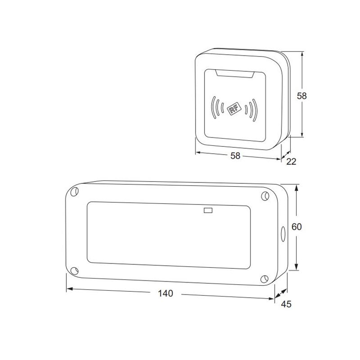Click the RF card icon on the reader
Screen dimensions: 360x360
(x=234, y=108)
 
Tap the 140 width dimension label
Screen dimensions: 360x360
(x=165, y=294)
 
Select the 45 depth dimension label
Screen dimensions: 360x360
(x=286, y=304)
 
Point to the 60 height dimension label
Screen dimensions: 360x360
(x=297, y=227)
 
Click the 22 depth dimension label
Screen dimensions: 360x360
(x=291, y=161)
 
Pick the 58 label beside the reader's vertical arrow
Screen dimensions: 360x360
(x=301, y=96)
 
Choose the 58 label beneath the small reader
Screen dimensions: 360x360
(x=235, y=156)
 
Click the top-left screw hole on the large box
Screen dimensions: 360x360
(x=74, y=192)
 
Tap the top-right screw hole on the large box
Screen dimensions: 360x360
(x=265, y=196)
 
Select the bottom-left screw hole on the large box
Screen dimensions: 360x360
(x=74, y=271)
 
